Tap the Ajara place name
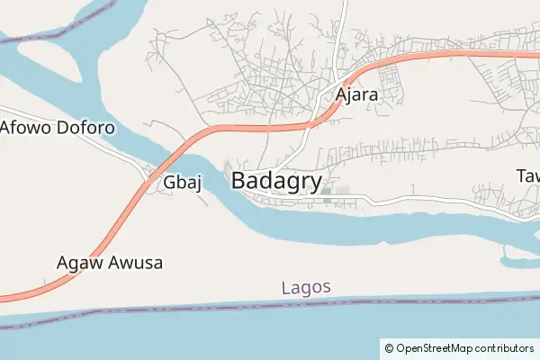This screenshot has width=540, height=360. (x=356, y=94)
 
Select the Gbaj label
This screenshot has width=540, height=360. (x=181, y=183)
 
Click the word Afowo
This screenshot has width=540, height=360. (x=27, y=127)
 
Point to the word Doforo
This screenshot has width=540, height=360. (x=86, y=127)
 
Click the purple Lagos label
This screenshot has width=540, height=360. (x=306, y=288)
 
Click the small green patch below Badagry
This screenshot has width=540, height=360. (x=327, y=191)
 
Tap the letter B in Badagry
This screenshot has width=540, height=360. (x=240, y=180)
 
